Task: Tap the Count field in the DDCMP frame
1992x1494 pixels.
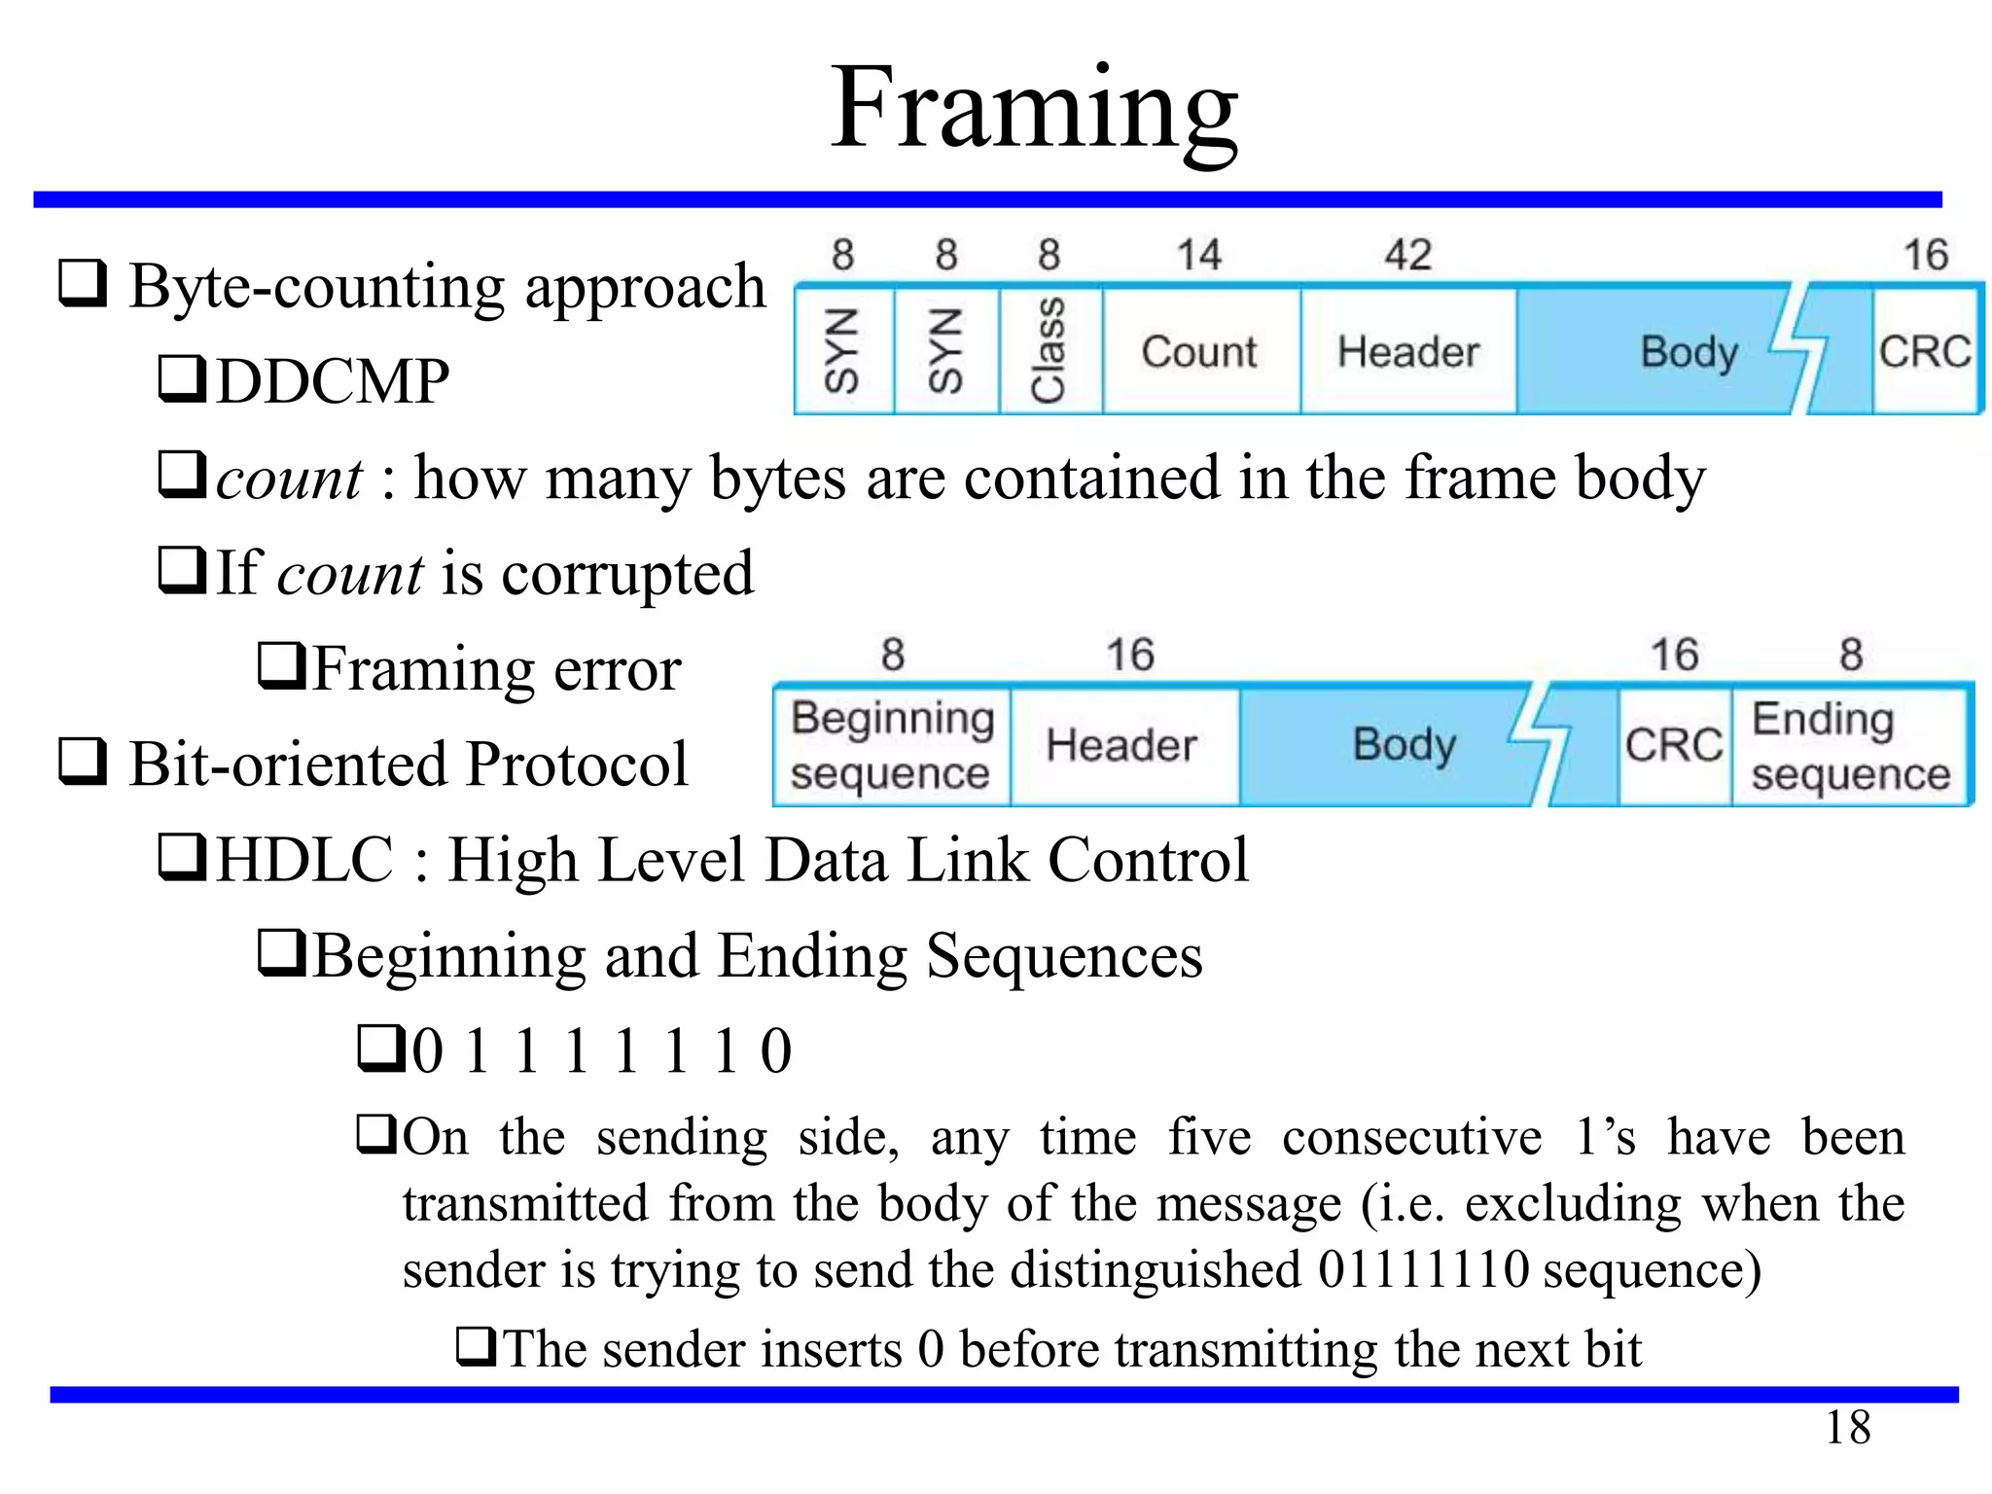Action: [x=1199, y=351]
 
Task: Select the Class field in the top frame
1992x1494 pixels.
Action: [x=1049, y=350]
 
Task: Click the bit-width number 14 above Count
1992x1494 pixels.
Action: [x=1198, y=255]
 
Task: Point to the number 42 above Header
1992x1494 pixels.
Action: [x=1407, y=255]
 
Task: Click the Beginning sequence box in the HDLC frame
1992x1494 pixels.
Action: [x=891, y=746]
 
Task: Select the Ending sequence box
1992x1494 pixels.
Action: [x=1850, y=746]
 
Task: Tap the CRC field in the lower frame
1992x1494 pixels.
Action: [x=1674, y=746]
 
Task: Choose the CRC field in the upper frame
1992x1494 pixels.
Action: [x=1925, y=351]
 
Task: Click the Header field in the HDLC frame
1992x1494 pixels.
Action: [x=1121, y=746]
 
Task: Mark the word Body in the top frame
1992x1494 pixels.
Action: [x=1689, y=352]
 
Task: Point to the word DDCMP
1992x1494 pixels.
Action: [x=333, y=381]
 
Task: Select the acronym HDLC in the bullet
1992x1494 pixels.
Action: [x=304, y=860]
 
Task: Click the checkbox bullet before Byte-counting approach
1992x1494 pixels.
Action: [x=83, y=283]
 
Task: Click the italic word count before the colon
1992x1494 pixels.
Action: [x=289, y=479]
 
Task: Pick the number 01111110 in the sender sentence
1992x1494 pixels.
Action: [x=1423, y=1270]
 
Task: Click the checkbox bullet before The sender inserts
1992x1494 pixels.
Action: [x=478, y=1347]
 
